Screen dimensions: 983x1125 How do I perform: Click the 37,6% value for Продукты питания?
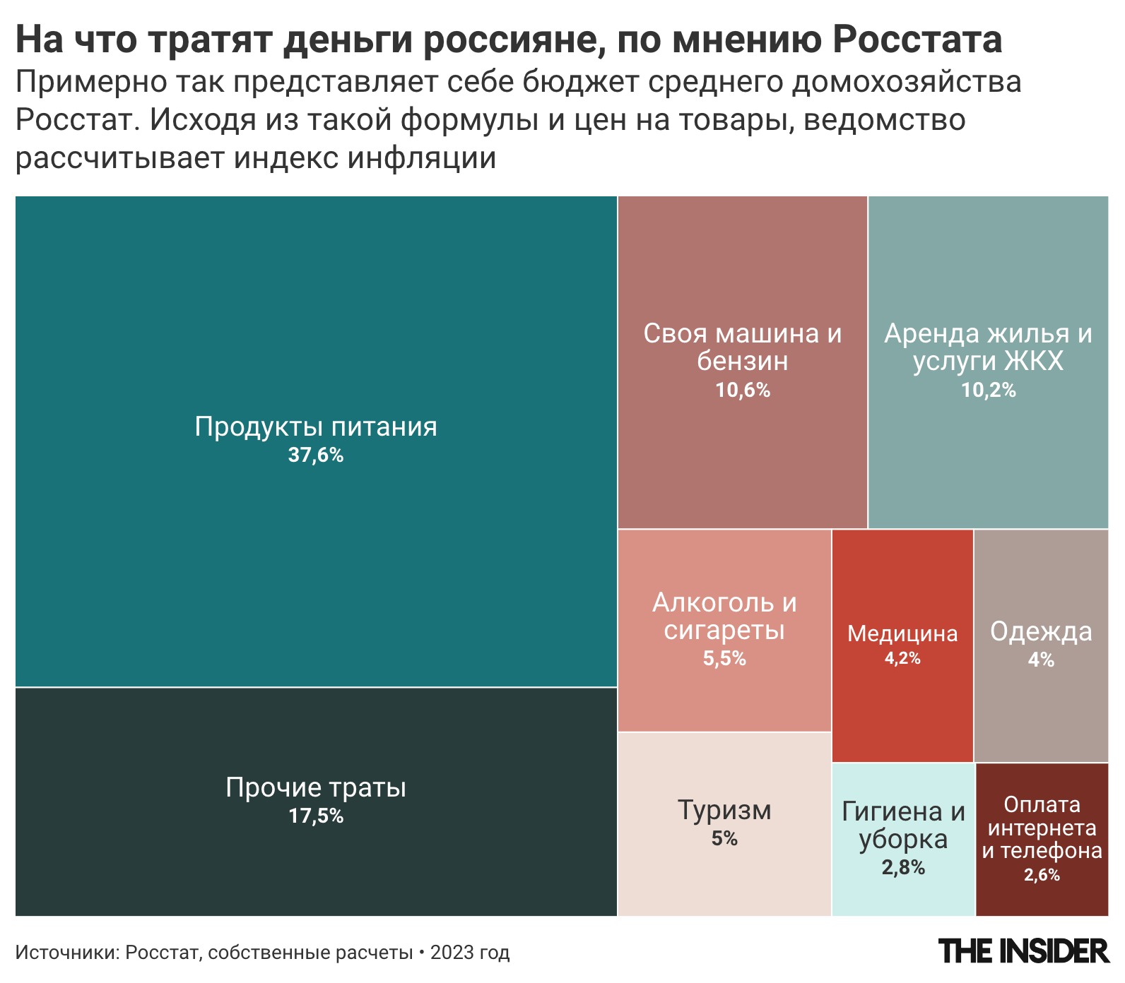[316, 455]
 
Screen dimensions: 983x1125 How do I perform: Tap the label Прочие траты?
[316, 787]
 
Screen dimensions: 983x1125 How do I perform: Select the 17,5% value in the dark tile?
[316, 816]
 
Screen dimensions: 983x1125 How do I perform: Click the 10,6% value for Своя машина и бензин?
[743, 390]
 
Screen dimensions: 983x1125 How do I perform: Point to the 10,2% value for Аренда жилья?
[988, 390]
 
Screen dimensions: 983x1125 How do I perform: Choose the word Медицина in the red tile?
[902, 633]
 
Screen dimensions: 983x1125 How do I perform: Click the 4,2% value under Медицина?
[902, 658]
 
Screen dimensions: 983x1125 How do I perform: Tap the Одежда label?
[1041, 631]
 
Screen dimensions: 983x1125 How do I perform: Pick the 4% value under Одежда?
[1041, 660]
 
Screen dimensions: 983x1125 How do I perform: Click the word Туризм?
[724, 810]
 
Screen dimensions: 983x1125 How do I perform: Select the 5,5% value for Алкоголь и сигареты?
[724, 658]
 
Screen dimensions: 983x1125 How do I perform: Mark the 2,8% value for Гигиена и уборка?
[903, 867]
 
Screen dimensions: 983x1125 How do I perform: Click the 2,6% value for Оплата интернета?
[1042, 875]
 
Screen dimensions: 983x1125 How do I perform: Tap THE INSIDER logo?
[1024, 951]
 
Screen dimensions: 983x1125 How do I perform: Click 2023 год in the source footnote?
[470, 953]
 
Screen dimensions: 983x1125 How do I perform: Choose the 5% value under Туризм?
[724, 839]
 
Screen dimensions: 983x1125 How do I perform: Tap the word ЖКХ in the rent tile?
[1033, 361]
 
